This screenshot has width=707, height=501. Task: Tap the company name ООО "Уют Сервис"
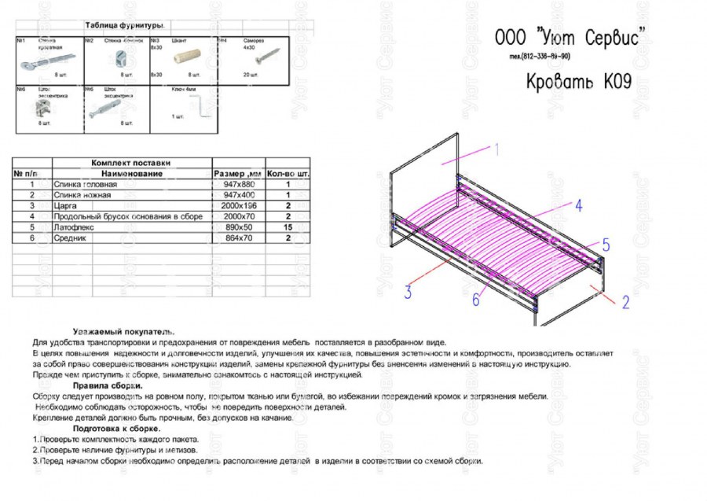(x=570, y=37)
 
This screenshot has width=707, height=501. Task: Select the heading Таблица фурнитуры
(x=130, y=26)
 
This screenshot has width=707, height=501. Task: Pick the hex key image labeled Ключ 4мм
(x=204, y=105)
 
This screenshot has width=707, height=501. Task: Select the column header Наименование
(x=131, y=173)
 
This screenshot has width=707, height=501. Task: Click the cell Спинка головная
(x=82, y=184)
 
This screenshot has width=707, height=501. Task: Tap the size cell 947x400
(x=239, y=194)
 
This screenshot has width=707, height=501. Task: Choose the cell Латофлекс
(x=71, y=227)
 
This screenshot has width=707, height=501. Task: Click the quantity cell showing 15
(x=288, y=227)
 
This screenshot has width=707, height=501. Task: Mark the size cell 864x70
(x=239, y=238)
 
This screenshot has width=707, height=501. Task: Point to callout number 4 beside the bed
(x=577, y=206)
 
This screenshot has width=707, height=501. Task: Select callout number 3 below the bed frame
(x=408, y=293)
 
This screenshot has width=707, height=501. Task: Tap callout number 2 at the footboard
(x=625, y=300)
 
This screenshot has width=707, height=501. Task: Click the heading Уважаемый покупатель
(x=123, y=332)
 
